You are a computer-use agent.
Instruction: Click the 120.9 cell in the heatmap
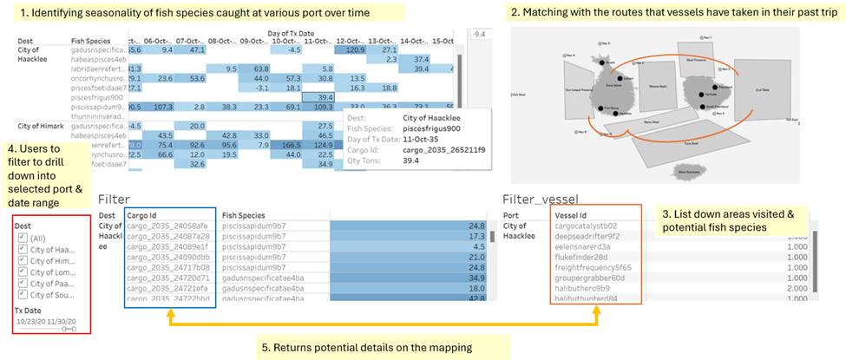click(x=354, y=50)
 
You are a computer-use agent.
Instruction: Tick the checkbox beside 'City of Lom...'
click(x=23, y=272)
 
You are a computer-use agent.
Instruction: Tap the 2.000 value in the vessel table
click(x=795, y=287)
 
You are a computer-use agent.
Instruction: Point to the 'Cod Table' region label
click(x=764, y=89)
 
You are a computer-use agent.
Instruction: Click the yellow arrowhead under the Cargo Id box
click(x=168, y=315)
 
